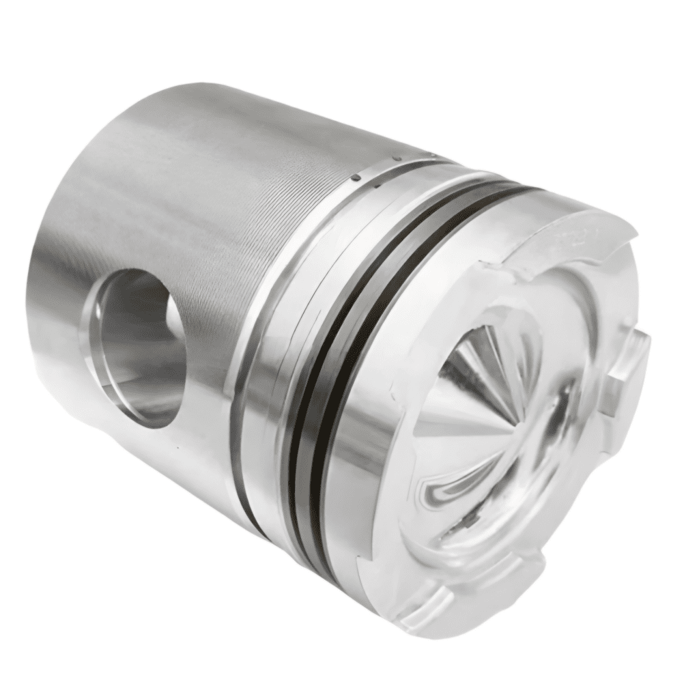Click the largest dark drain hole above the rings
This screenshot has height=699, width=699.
pos(356,177)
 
